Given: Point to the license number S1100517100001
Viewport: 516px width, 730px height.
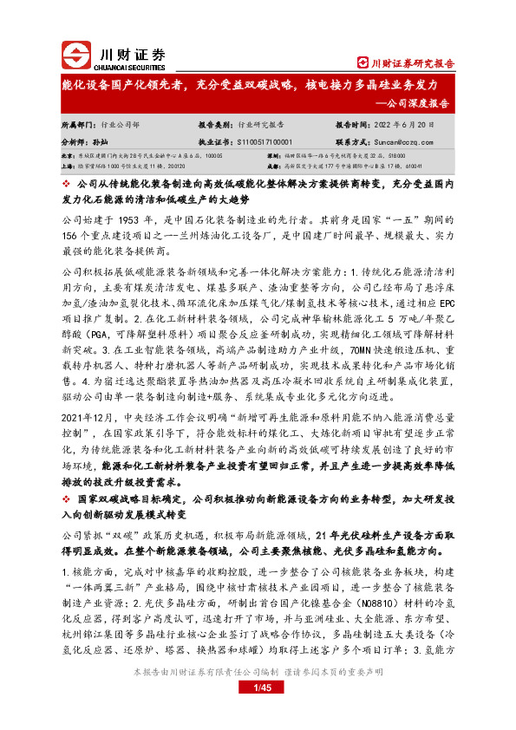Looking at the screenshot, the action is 258,140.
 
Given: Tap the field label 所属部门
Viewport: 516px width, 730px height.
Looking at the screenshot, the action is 76,124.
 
